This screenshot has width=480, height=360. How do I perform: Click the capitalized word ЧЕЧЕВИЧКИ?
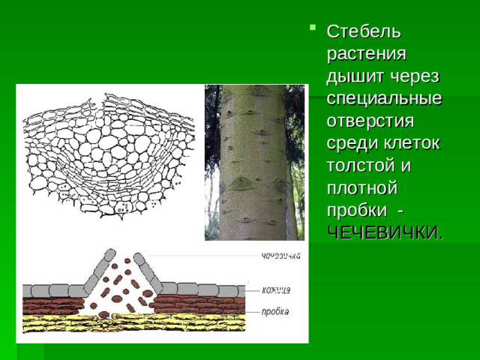point(383,232)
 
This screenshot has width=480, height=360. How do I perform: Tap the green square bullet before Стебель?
point(312,30)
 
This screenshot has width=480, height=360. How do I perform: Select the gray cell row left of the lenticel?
point(52,290)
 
